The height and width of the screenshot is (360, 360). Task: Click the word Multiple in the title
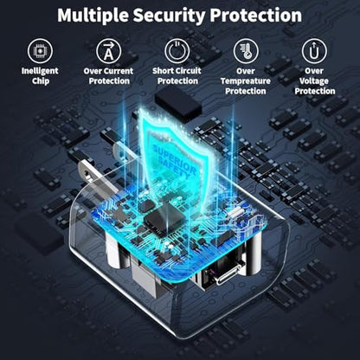coord(93,16)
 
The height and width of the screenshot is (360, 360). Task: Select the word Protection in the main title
coord(255,16)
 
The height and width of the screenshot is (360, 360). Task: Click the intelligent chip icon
coord(40,51)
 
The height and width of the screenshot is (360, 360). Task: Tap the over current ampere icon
coord(108,51)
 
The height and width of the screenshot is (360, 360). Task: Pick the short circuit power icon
coord(177,51)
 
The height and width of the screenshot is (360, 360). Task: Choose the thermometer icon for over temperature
coord(246,51)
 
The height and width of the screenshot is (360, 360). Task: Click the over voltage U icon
coord(314,51)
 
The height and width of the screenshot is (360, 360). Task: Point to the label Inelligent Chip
coord(40,76)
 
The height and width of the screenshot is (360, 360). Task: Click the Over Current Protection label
coord(109,76)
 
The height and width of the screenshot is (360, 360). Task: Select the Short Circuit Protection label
coord(177,76)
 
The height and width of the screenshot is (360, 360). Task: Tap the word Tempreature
coord(246,81)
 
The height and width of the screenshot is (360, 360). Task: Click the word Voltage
coord(314,81)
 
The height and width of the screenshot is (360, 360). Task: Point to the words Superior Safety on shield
coord(175,161)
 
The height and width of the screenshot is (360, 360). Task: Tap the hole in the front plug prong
coord(86,173)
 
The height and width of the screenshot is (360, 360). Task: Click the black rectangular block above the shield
coord(177,103)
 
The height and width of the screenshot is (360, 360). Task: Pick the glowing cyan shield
coord(175,154)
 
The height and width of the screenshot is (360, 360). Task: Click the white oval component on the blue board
coord(236,212)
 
